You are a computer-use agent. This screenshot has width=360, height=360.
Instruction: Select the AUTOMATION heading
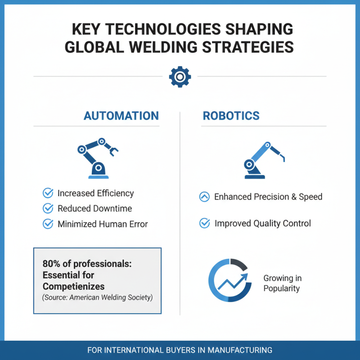(121, 116)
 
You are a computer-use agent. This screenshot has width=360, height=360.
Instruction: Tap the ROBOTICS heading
(231, 116)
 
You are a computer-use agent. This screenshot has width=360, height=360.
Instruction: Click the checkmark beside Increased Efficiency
(48, 193)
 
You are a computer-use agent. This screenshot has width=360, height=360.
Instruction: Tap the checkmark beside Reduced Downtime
(48, 208)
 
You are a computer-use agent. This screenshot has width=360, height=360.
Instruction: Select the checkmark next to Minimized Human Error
(48, 224)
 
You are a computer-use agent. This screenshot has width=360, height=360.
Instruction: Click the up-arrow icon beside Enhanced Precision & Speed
(204, 197)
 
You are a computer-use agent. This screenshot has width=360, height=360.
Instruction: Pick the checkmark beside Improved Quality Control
(204, 223)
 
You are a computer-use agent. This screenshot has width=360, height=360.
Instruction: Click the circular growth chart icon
(229, 279)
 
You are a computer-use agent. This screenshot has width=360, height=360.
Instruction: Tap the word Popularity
(282, 288)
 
